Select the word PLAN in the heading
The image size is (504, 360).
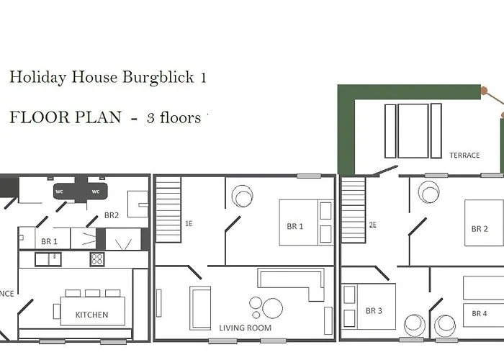99,117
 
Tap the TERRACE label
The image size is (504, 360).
464,155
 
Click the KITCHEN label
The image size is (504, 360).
92,315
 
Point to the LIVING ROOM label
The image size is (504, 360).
246,328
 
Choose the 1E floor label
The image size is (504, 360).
189,224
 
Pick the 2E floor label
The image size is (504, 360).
373,224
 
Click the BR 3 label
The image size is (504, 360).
374,311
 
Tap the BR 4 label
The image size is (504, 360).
480,313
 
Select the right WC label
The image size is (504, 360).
94,192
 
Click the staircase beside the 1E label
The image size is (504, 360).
168,210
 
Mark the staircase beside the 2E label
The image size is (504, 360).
354,211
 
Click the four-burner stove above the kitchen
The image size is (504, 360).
98,259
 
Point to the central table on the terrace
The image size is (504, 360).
413,130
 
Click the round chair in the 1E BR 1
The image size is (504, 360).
242,195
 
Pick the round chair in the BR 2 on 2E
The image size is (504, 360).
429,192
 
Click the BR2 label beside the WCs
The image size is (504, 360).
112,215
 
